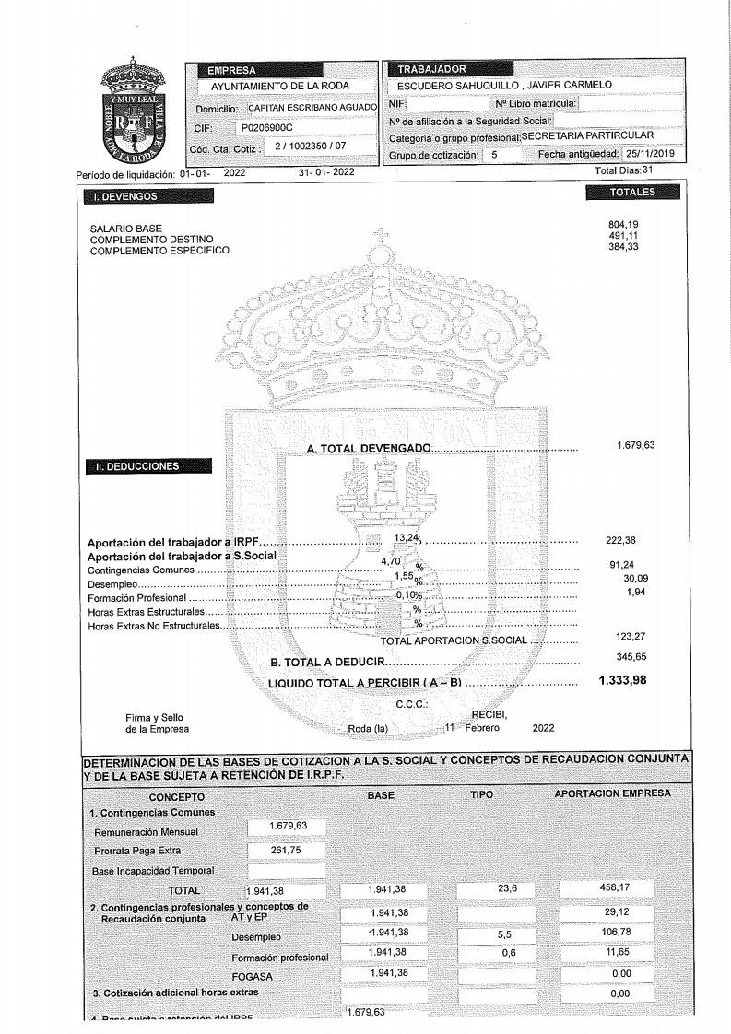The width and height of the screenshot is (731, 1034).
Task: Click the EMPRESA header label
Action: [231, 69]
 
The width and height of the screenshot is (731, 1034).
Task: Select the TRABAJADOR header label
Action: [431, 69]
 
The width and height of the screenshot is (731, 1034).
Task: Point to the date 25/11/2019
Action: [651, 154]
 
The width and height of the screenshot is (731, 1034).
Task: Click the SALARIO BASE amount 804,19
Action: [623, 224]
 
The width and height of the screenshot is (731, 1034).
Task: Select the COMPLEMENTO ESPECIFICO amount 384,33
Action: [623, 250]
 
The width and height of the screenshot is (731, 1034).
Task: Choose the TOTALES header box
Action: [632, 192]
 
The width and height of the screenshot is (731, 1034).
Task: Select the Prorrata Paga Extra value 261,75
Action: [286, 850]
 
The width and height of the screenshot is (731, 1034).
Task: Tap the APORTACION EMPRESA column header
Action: [611, 793]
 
